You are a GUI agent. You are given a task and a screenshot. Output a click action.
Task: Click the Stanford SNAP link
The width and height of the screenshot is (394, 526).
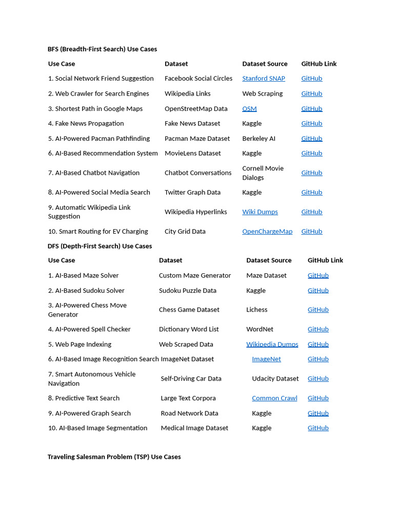(x=264, y=79)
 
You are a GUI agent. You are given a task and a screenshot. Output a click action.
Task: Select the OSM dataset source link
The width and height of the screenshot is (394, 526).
(x=249, y=109)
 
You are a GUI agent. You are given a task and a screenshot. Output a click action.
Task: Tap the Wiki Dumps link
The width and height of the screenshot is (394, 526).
(x=260, y=212)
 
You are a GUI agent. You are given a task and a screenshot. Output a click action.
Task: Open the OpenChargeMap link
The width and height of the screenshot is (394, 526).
(x=267, y=232)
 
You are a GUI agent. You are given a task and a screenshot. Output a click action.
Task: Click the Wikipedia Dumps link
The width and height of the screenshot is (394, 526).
(x=272, y=344)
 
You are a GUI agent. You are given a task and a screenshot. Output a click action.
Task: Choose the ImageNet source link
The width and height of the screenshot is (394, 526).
(x=266, y=359)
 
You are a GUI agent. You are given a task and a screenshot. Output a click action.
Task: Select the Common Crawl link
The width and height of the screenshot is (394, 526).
(x=274, y=398)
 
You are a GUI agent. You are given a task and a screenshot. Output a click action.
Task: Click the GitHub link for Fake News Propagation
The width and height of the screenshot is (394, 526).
(x=311, y=124)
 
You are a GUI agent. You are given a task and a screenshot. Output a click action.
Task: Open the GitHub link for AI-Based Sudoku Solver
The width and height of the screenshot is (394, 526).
(x=318, y=291)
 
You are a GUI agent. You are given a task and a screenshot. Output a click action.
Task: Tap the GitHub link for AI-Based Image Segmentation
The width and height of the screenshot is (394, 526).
(x=318, y=428)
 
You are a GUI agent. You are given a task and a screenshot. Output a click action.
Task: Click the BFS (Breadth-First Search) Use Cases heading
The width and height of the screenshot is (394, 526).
(x=102, y=49)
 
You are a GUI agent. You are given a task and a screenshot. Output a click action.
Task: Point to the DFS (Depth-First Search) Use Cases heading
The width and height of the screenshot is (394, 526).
(x=100, y=246)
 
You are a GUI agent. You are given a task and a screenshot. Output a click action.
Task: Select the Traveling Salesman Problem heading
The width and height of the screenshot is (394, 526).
(x=114, y=457)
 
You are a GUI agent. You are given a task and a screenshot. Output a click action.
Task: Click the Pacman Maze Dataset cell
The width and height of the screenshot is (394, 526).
(x=197, y=139)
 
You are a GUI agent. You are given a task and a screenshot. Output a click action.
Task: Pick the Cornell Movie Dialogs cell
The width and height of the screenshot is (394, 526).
(x=263, y=173)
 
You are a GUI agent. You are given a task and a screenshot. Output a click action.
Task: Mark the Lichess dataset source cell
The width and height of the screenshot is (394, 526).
(x=257, y=310)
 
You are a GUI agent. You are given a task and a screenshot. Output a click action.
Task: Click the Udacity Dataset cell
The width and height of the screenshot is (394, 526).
(x=275, y=379)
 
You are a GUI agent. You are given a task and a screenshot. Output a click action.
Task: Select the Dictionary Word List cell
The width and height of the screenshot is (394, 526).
(x=189, y=329)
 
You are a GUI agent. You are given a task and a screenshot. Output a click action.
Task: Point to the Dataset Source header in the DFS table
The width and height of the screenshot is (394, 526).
(x=269, y=260)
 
